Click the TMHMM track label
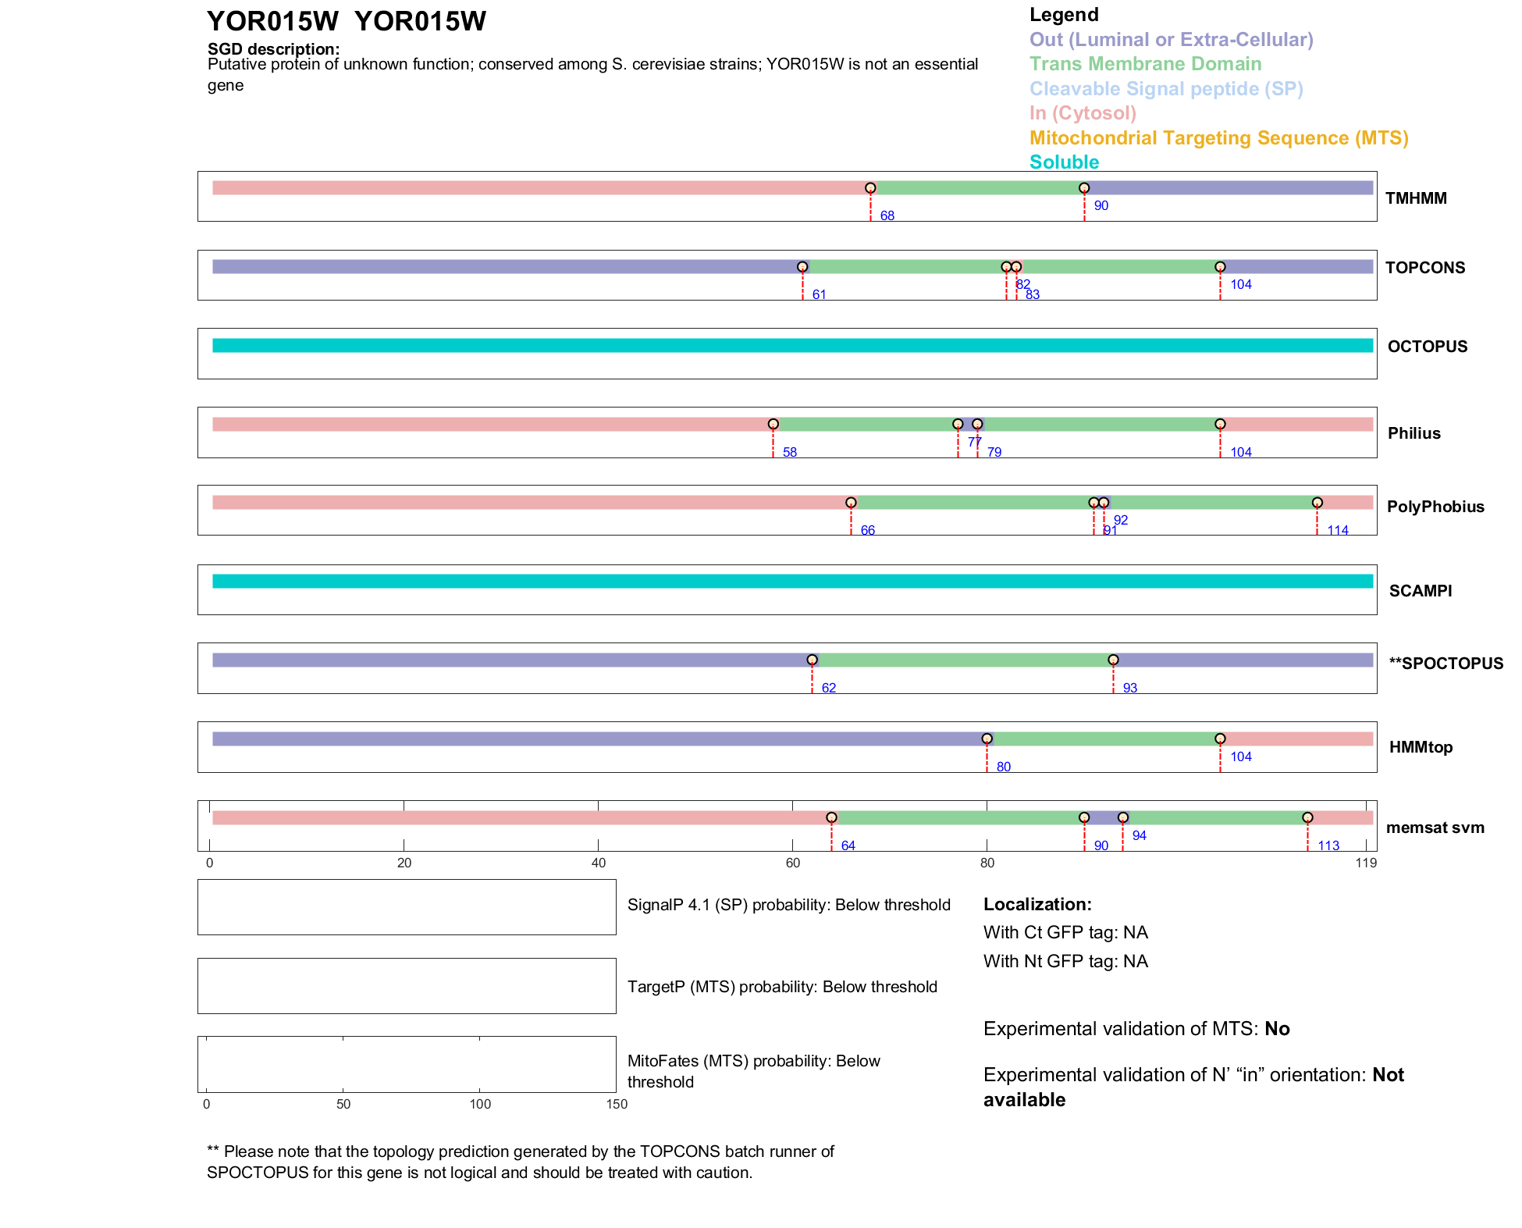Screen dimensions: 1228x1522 (1416, 198)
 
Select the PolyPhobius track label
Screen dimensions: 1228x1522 (1435, 507)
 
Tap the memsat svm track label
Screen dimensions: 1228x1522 (1435, 828)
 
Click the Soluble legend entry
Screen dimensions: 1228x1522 (1064, 162)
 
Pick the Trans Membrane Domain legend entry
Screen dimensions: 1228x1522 (1145, 64)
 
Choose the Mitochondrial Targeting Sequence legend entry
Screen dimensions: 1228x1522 (1218, 138)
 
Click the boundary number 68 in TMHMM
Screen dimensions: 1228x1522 (887, 215)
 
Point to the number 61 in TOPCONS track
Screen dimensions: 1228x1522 (819, 294)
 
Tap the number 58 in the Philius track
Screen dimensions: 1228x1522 (790, 452)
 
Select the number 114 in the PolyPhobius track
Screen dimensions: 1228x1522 (1338, 530)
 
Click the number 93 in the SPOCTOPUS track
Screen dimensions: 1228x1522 (1129, 688)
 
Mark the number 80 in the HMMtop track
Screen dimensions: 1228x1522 (1004, 767)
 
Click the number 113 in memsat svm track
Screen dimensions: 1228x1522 (1328, 845)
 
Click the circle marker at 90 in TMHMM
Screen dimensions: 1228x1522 (1084, 188)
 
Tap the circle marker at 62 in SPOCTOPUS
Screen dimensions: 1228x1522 (812, 660)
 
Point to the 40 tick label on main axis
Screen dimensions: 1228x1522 (599, 863)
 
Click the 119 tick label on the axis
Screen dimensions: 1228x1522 (1366, 863)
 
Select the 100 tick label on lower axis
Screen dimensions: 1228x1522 (480, 1104)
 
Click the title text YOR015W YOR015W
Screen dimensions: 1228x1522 (346, 21)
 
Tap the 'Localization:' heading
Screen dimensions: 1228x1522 (1037, 904)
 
